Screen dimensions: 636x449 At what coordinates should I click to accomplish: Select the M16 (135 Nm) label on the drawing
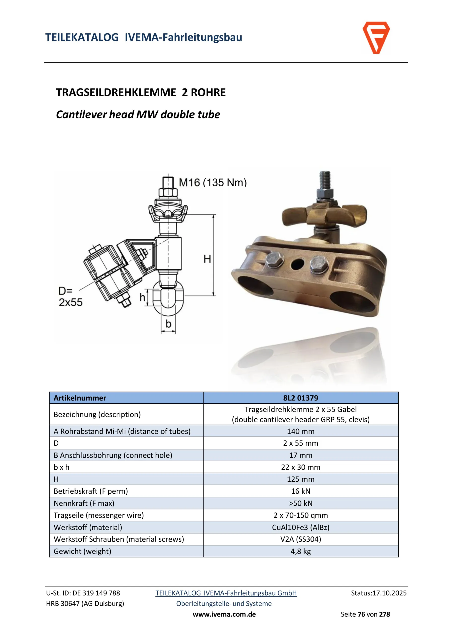[x=213, y=183]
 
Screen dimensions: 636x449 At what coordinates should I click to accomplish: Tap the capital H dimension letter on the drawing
[x=207, y=259]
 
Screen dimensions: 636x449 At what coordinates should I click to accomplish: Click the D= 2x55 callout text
[x=70, y=297]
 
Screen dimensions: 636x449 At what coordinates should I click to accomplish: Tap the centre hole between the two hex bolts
[x=297, y=264]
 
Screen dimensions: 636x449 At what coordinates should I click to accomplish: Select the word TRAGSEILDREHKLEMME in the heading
[x=116, y=92]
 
